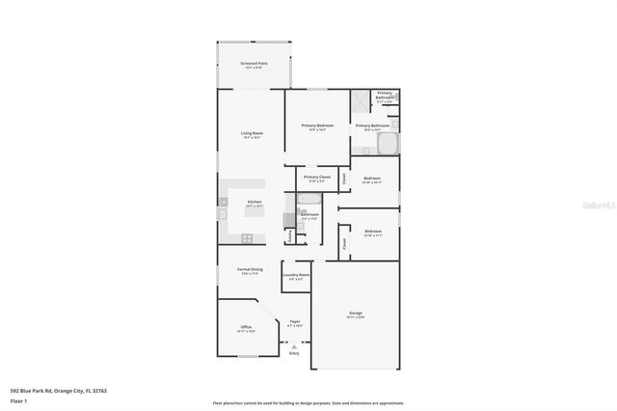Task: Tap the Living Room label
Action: [252, 133]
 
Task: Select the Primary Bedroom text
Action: [317, 125]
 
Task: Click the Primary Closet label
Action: [317, 178]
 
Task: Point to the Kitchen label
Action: [255, 202]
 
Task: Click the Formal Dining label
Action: [251, 269]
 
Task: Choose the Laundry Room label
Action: [296, 275]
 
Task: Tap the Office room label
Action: [246, 328]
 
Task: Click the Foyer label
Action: [295, 322]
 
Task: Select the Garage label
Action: [355, 314]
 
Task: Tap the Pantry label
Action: [289, 234]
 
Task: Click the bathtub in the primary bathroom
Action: [389, 145]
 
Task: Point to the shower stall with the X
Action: [360, 100]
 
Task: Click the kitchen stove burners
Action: [248, 237]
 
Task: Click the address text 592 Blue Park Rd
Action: [58, 391]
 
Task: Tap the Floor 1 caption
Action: [18, 399]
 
